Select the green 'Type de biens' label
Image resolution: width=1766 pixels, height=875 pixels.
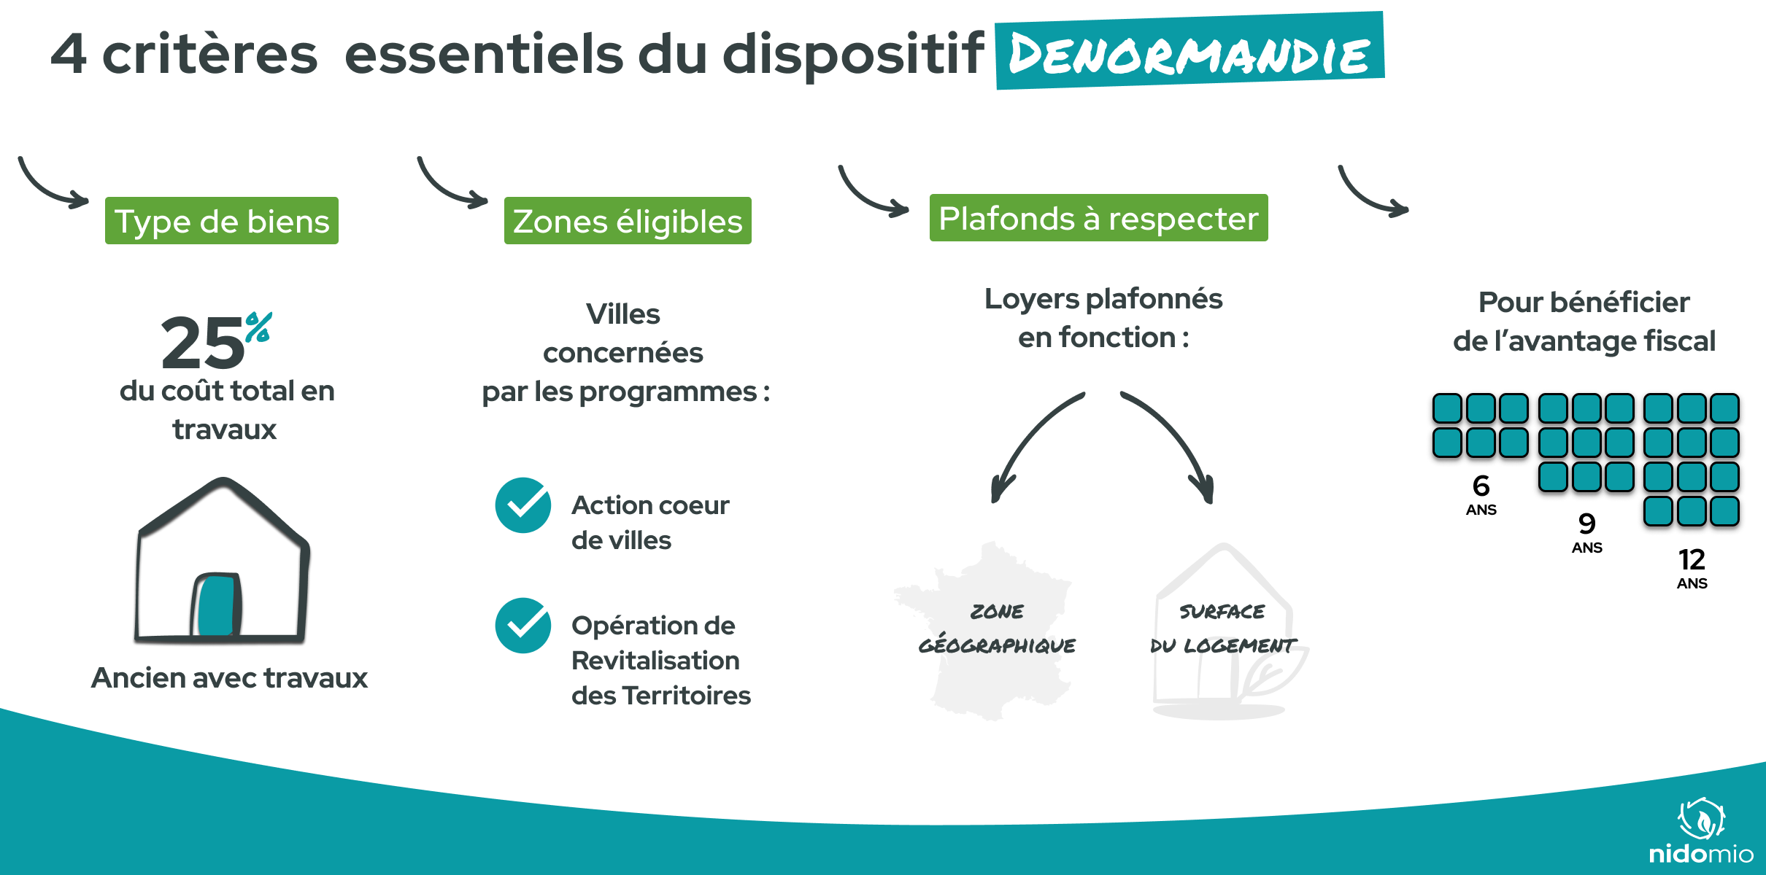[x=222, y=221]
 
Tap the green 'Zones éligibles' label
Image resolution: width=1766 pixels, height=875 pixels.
[x=628, y=221]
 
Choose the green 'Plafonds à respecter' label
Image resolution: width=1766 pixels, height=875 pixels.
[x=1098, y=218]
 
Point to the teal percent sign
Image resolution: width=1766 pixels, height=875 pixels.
[x=258, y=327]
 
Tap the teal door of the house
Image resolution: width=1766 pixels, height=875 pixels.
[x=216, y=604]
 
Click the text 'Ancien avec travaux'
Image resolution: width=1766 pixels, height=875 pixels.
[x=229, y=678]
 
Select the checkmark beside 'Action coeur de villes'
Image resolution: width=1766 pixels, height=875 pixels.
[x=523, y=505]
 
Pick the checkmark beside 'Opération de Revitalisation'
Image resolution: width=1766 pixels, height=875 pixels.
[x=523, y=626]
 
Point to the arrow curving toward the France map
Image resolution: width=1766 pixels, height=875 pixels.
[x=1029, y=445]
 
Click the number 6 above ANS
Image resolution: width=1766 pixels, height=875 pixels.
[x=1481, y=486]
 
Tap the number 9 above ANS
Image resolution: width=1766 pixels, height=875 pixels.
[x=1586, y=524]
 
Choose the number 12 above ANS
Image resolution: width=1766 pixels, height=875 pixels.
[x=1692, y=560]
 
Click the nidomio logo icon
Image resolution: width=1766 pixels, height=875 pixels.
[x=1702, y=819]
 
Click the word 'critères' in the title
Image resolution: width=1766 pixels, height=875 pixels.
[x=210, y=55]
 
